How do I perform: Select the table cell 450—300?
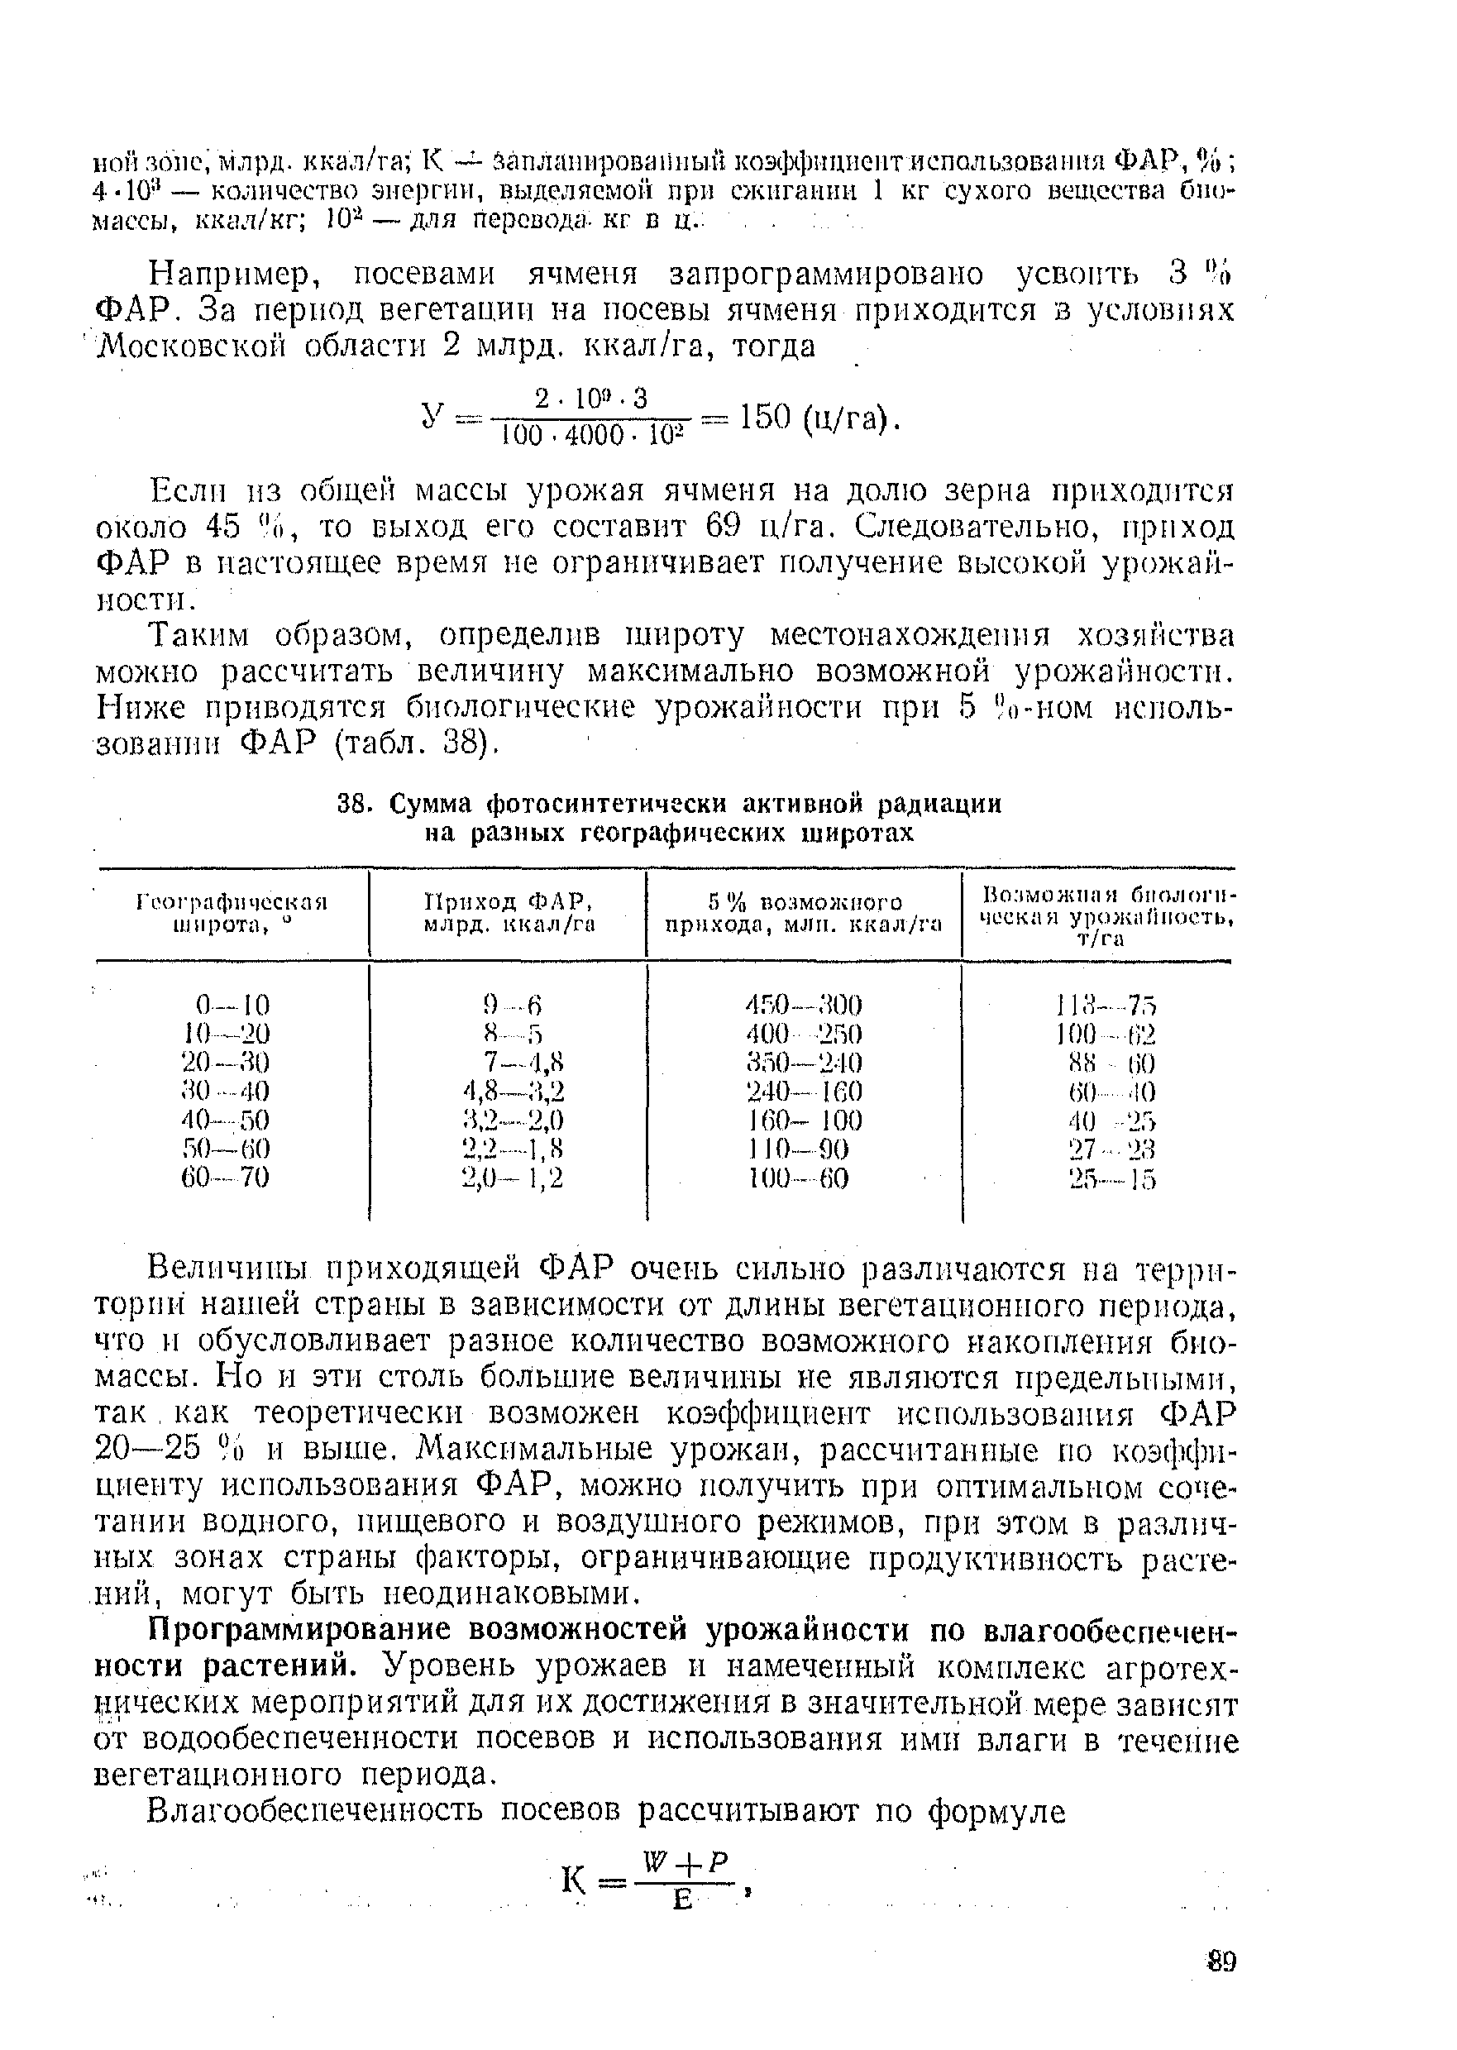[x=803, y=1004]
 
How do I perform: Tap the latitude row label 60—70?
[x=224, y=1176]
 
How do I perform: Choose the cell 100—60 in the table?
[x=799, y=1176]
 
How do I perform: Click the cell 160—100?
[x=803, y=1121]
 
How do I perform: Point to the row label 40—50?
[x=224, y=1121]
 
